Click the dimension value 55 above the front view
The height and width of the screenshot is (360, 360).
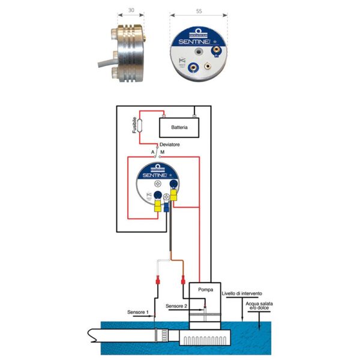[x=199, y=10]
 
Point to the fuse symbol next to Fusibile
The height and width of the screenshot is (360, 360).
[x=139, y=126]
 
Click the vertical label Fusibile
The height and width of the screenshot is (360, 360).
[x=133, y=125]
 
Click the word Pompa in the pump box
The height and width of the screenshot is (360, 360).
[x=205, y=290]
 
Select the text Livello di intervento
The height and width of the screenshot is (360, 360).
[x=242, y=294]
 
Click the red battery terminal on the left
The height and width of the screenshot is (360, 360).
[x=155, y=116]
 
